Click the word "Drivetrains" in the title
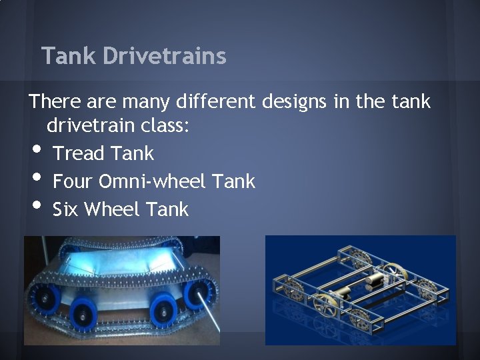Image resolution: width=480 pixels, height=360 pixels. (165, 56)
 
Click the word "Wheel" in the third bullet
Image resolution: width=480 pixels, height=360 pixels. (113, 209)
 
